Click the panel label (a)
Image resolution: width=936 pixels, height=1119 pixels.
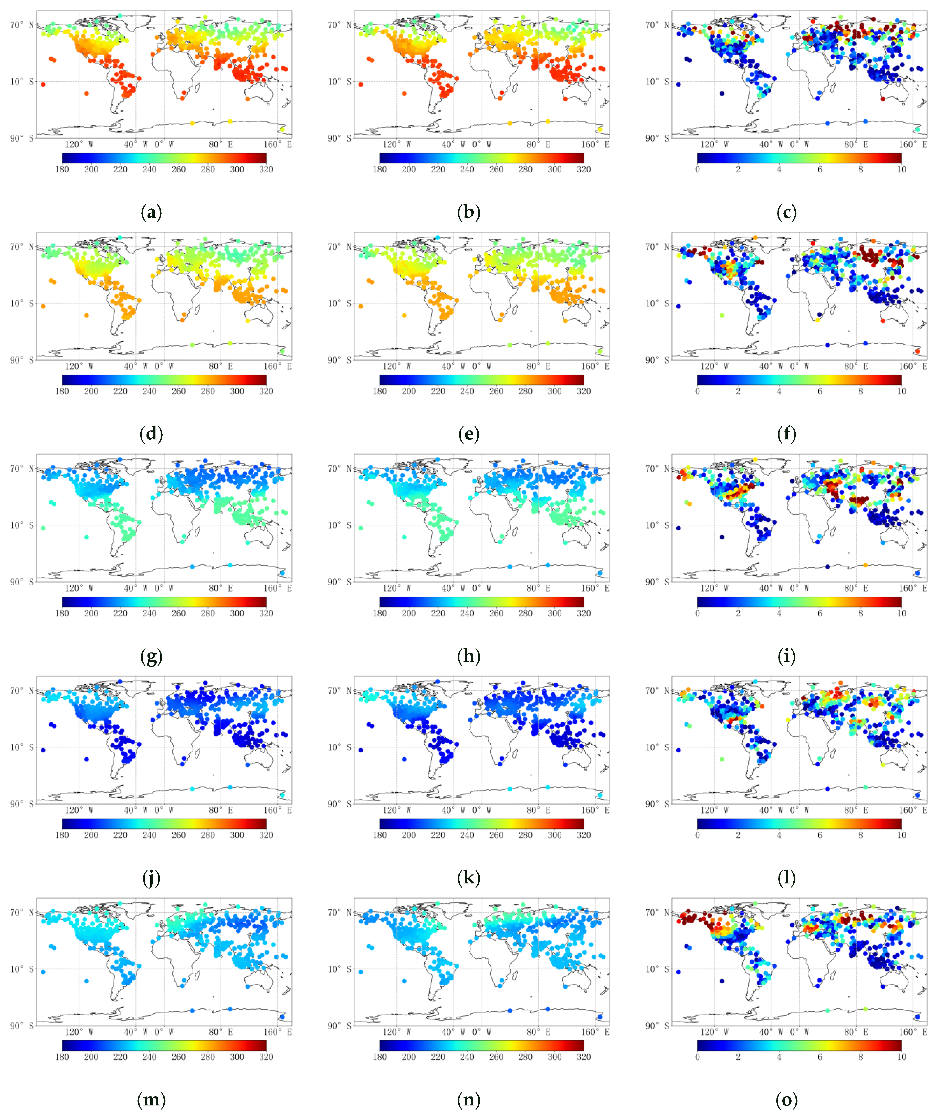151,213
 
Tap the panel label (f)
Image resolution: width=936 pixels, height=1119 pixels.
787,434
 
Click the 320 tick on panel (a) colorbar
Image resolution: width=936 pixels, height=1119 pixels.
266,170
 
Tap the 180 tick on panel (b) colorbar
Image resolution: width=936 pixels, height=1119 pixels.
380,170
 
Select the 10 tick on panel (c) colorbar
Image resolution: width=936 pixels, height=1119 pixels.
901,170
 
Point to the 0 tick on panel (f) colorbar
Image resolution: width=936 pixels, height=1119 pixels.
697,391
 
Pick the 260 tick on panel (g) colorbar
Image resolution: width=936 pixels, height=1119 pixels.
178,613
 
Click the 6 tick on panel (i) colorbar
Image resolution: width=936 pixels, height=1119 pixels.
820,613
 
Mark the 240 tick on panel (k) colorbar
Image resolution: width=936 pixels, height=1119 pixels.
467,835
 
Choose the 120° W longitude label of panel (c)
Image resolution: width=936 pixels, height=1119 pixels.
714,144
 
